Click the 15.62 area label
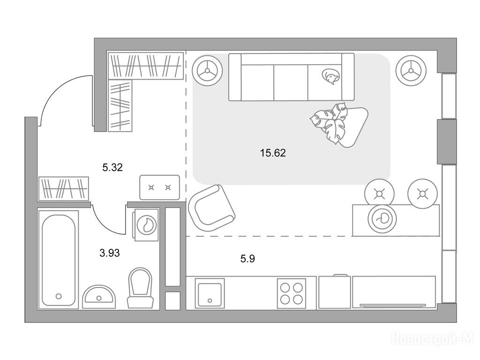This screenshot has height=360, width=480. pyautogui.click(x=273, y=152)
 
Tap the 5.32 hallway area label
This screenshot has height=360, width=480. pyautogui.click(x=112, y=167)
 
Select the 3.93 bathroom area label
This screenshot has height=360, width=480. pyautogui.click(x=110, y=253)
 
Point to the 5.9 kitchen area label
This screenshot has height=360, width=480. pyautogui.click(x=247, y=259)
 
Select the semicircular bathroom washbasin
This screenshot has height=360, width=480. pyautogui.click(x=99, y=296)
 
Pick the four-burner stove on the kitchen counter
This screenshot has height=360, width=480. pyautogui.click(x=292, y=293)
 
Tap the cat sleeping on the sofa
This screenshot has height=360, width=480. pyautogui.click(x=330, y=75)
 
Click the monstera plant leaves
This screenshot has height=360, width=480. pyautogui.click(x=330, y=122)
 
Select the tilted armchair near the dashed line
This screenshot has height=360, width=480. pyautogui.click(x=211, y=209)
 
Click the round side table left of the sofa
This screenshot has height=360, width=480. pyautogui.click(x=207, y=70)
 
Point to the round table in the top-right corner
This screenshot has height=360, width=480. pyautogui.click(x=411, y=70)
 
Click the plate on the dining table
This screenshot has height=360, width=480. pyautogui.click(x=382, y=218)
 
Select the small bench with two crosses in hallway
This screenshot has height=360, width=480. pyautogui.click(x=159, y=187)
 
